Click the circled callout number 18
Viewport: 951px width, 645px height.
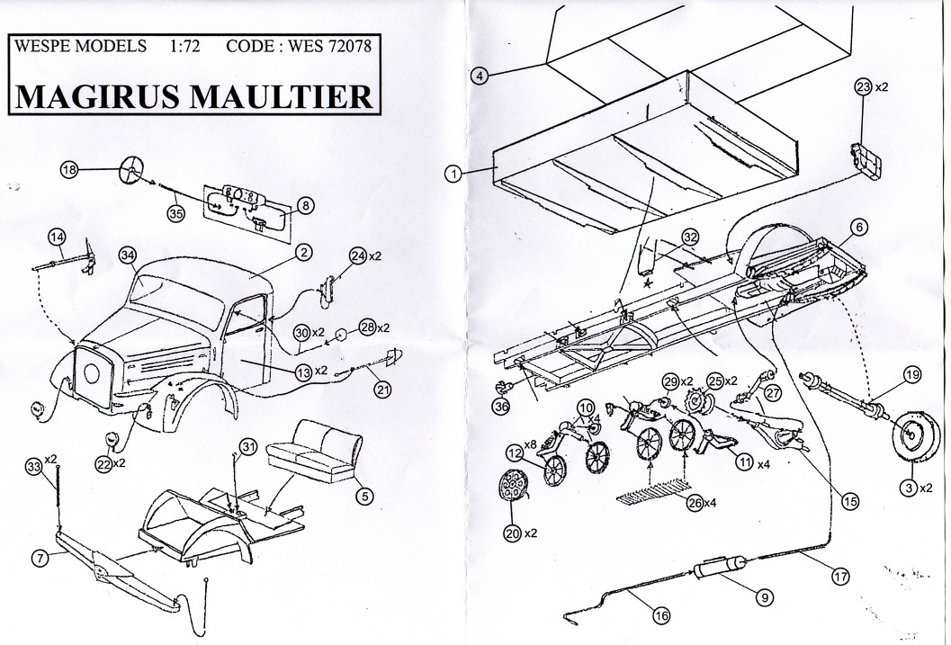70,169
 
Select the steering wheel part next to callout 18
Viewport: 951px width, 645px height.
131,167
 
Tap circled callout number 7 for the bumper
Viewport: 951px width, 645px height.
39,558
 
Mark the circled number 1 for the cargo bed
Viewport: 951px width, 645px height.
455,172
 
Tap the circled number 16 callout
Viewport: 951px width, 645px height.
662,616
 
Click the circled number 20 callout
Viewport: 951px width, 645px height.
513,533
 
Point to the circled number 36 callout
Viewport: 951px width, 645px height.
501,407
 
